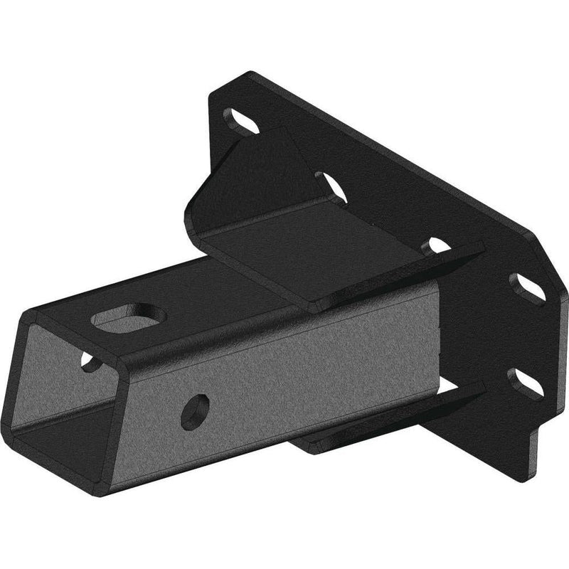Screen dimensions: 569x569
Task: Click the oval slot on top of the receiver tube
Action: [129, 317]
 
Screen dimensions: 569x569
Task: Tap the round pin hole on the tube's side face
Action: [194, 411]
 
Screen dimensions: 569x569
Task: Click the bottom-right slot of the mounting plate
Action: [526, 383]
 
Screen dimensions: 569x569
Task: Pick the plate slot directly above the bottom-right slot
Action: [527, 289]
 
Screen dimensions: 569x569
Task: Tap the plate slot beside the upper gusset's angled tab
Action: [331, 186]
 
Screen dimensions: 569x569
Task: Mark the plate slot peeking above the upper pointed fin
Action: [435, 246]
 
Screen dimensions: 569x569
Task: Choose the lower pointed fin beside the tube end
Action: [455, 398]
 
